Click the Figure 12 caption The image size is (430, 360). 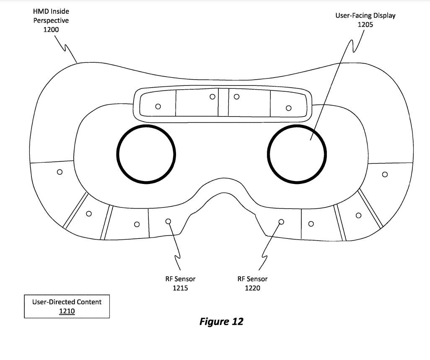(x=221, y=321)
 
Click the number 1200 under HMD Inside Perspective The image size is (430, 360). (x=51, y=30)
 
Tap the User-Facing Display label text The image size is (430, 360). (x=365, y=16)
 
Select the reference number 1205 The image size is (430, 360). (x=365, y=24)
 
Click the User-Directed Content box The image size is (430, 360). (x=67, y=306)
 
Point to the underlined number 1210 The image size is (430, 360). (x=67, y=311)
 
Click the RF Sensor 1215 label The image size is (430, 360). (x=180, y=283)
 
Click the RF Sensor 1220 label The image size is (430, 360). (x=252, y=283)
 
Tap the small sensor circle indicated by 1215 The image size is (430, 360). (x=168, y=221)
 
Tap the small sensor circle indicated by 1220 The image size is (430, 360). (x=281, y=221)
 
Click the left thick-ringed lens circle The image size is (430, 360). (x=146, y=154)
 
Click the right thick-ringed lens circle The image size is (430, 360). (x=297, y=154)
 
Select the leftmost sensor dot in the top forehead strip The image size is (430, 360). (x=158, y=106)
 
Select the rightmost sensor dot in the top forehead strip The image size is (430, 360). (x=288, y=108)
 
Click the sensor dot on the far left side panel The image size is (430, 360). (x=60, y=172)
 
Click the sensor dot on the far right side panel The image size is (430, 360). (x=385, y=174)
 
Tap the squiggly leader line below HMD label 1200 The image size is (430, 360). (x=67, y=48)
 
